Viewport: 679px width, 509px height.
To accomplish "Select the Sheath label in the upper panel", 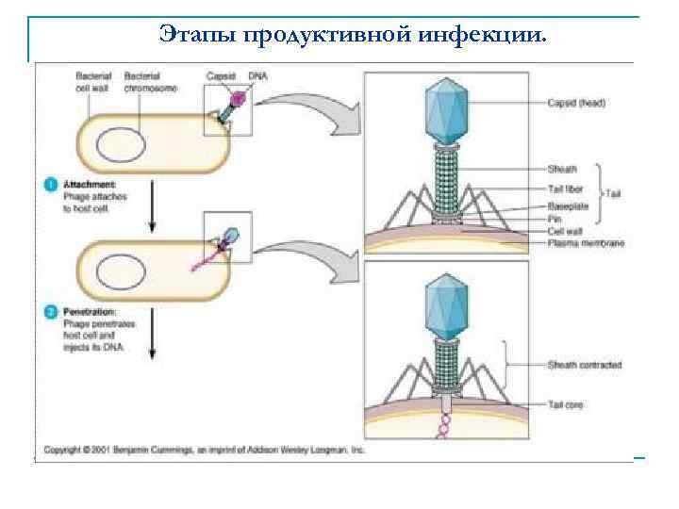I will tap(562, 170).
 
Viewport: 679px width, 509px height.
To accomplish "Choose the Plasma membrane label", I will tap(586, 243).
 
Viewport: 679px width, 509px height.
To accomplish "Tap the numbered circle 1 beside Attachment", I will tap(51, 186).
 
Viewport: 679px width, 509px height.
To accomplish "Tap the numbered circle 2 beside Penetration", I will tap(51, 310).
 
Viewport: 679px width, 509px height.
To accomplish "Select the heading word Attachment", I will tap(90, 185).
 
